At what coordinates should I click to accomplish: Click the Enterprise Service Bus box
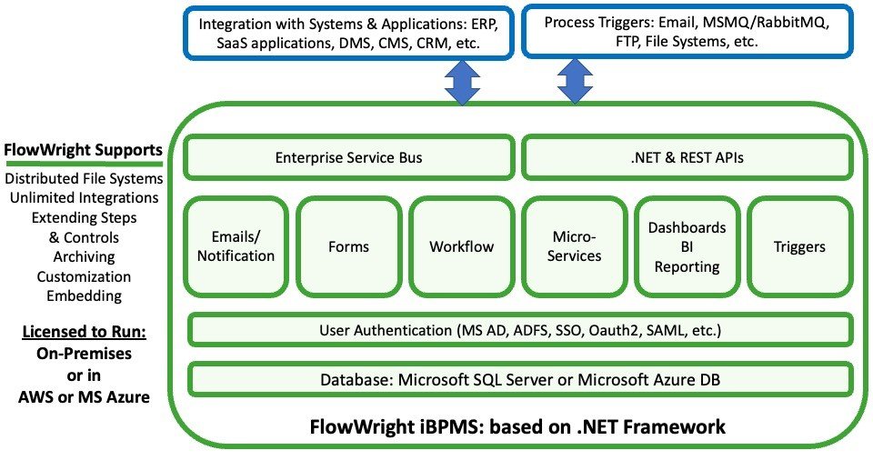click(x=349, y=157)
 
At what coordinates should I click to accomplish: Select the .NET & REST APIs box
click(x=687, y=157)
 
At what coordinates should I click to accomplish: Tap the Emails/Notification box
click(x=236, y=246)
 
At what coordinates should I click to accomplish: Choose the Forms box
click(x=349, y=246)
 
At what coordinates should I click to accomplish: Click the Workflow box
click(x=462, y=246)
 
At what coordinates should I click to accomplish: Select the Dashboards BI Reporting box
click(x=687, y=246)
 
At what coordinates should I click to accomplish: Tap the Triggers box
click(x=799, y=246)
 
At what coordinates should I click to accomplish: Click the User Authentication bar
click(x=519, y=329)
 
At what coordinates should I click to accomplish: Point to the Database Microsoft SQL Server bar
click(x=519, y=379)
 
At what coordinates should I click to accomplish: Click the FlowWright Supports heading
click(x=84, y=150)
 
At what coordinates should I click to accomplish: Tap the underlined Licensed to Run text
click(x=84, y=332)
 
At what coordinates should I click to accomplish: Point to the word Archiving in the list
click(x=84, y=257)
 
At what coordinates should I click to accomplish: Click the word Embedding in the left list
click(x=84, y=295)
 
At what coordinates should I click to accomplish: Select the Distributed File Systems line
click(x=84, y=178)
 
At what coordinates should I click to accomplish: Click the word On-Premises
click(x=84, y=352)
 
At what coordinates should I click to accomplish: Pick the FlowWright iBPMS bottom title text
click(x=518, y=425)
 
